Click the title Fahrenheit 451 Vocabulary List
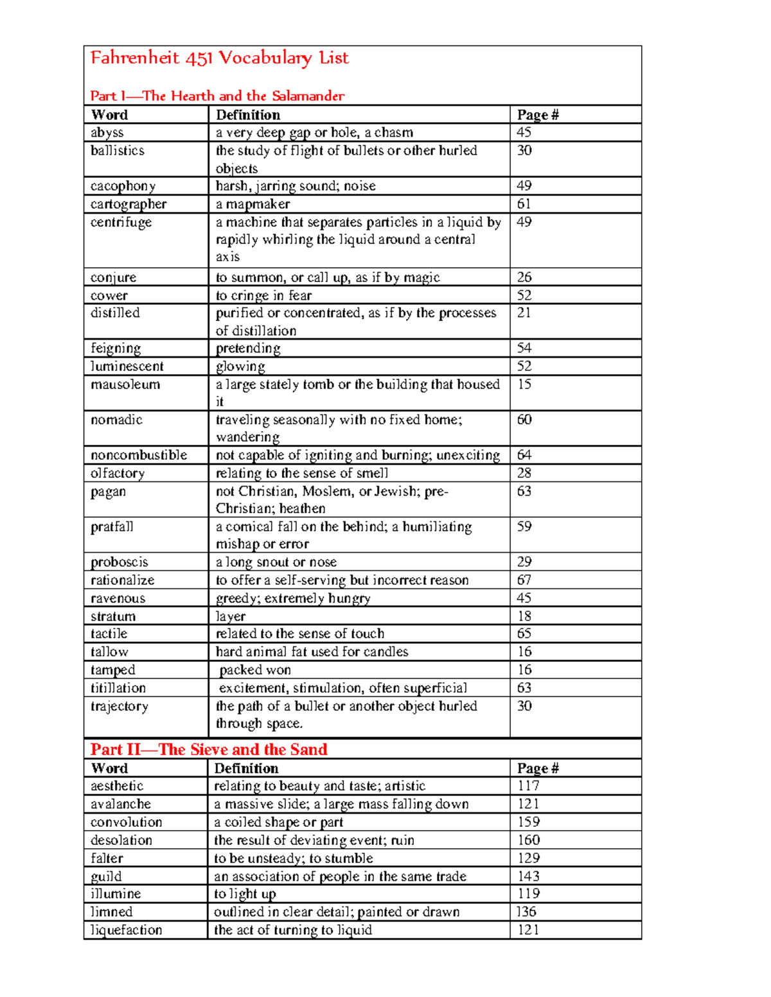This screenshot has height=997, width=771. [x=219, y=58]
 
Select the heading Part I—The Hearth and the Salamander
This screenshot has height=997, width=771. [x=217, y=96]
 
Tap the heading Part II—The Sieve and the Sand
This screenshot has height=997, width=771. [x=209, y=749]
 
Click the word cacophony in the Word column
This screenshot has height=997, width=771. [x=123, y=186]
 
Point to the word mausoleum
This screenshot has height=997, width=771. [x=125, y=385]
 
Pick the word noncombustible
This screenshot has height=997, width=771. [x=139, y=455]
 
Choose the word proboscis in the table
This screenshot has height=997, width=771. [x=120, y=562]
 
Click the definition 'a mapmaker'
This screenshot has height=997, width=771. [x=253, y=204]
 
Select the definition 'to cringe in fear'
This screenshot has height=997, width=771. [x=263, y=295]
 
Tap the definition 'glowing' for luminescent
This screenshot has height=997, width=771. [x=240, y=367]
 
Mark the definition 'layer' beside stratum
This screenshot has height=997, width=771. [x=231, y=616]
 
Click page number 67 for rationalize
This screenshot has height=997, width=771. [x=524, y=580]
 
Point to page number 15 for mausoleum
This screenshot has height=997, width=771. [x=524, y=385]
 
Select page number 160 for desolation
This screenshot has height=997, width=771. [x=529, y=840]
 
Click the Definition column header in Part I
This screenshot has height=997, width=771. [x=248, y=115]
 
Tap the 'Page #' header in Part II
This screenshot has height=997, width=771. [x=538, y=768]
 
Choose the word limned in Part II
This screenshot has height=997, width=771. [x=112, y=912]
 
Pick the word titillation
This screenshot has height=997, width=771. [x=118, y=688]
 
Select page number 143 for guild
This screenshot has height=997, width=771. [x=529, y=876]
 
